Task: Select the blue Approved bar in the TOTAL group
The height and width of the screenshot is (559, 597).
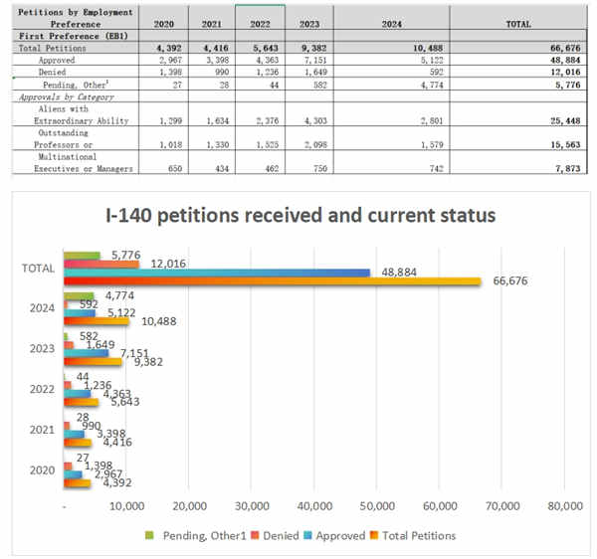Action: click(216, 273)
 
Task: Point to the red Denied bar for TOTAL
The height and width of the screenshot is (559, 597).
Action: click(100, 264)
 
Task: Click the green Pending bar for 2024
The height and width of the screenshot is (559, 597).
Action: click(79, 295)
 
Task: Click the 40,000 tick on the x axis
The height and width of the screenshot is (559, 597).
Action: click(314, 506)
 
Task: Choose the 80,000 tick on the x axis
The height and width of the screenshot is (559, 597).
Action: click(564, 506)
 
